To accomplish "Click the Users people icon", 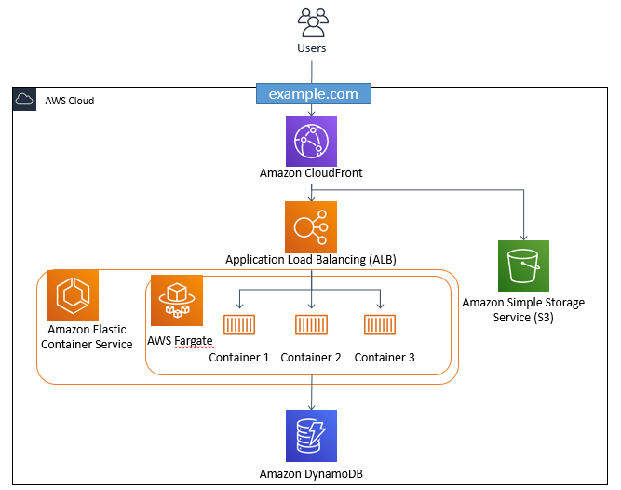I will tap(312, 21).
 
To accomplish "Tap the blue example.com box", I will tap(313, 94).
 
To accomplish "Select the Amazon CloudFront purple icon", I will tap(311, 141).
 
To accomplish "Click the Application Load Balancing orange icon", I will tap(311, 226).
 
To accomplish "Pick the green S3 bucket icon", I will tap(523, 265).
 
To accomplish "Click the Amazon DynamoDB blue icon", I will tap(311, 435).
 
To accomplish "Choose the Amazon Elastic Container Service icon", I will tap(74, 295).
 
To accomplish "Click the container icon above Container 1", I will tap(239, 326).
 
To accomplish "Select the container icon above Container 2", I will tap(311, 326).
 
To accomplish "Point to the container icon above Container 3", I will tap(382, 326).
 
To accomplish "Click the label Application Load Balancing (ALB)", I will tap(311, 260).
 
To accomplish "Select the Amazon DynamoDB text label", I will tap(311, 474).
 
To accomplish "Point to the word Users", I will tap(312, 48).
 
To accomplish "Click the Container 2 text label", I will tap(311, 357).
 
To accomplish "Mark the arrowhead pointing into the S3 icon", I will tap(523, 237).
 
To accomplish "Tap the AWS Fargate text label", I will tap(181, 340).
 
